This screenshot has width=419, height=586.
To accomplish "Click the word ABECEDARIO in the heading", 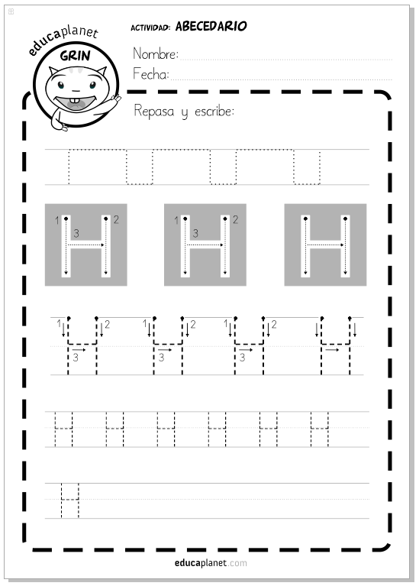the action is coord(211,26).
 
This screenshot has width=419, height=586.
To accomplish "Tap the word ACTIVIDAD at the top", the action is coord(150,28).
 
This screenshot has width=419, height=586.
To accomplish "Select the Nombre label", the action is coord(156,53).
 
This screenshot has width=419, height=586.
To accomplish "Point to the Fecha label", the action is coord(151,73).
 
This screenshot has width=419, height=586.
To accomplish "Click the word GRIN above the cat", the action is coord(76,56).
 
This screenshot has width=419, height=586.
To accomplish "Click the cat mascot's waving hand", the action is coord(116,99).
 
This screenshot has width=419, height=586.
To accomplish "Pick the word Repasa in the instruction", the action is coord(154,111).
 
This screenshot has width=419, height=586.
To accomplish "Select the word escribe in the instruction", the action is coord(214,111).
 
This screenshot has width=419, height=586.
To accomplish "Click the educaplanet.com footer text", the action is coord(211,563).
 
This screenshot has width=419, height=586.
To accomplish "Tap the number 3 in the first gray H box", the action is coord(76,234).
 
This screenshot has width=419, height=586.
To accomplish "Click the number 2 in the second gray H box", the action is coord(235,220).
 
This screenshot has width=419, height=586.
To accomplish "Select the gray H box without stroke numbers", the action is coord(325,244).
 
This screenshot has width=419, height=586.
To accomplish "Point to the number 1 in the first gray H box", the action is coord(57,221).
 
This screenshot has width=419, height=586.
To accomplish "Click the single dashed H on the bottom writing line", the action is coord(70,500).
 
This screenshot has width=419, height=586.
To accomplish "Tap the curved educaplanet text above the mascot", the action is coord(63,38).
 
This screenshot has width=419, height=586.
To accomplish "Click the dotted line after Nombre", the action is coord(286,60).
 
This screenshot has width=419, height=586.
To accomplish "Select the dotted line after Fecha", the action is coord(282,79).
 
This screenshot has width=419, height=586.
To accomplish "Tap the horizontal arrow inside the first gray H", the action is coord(85,245).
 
